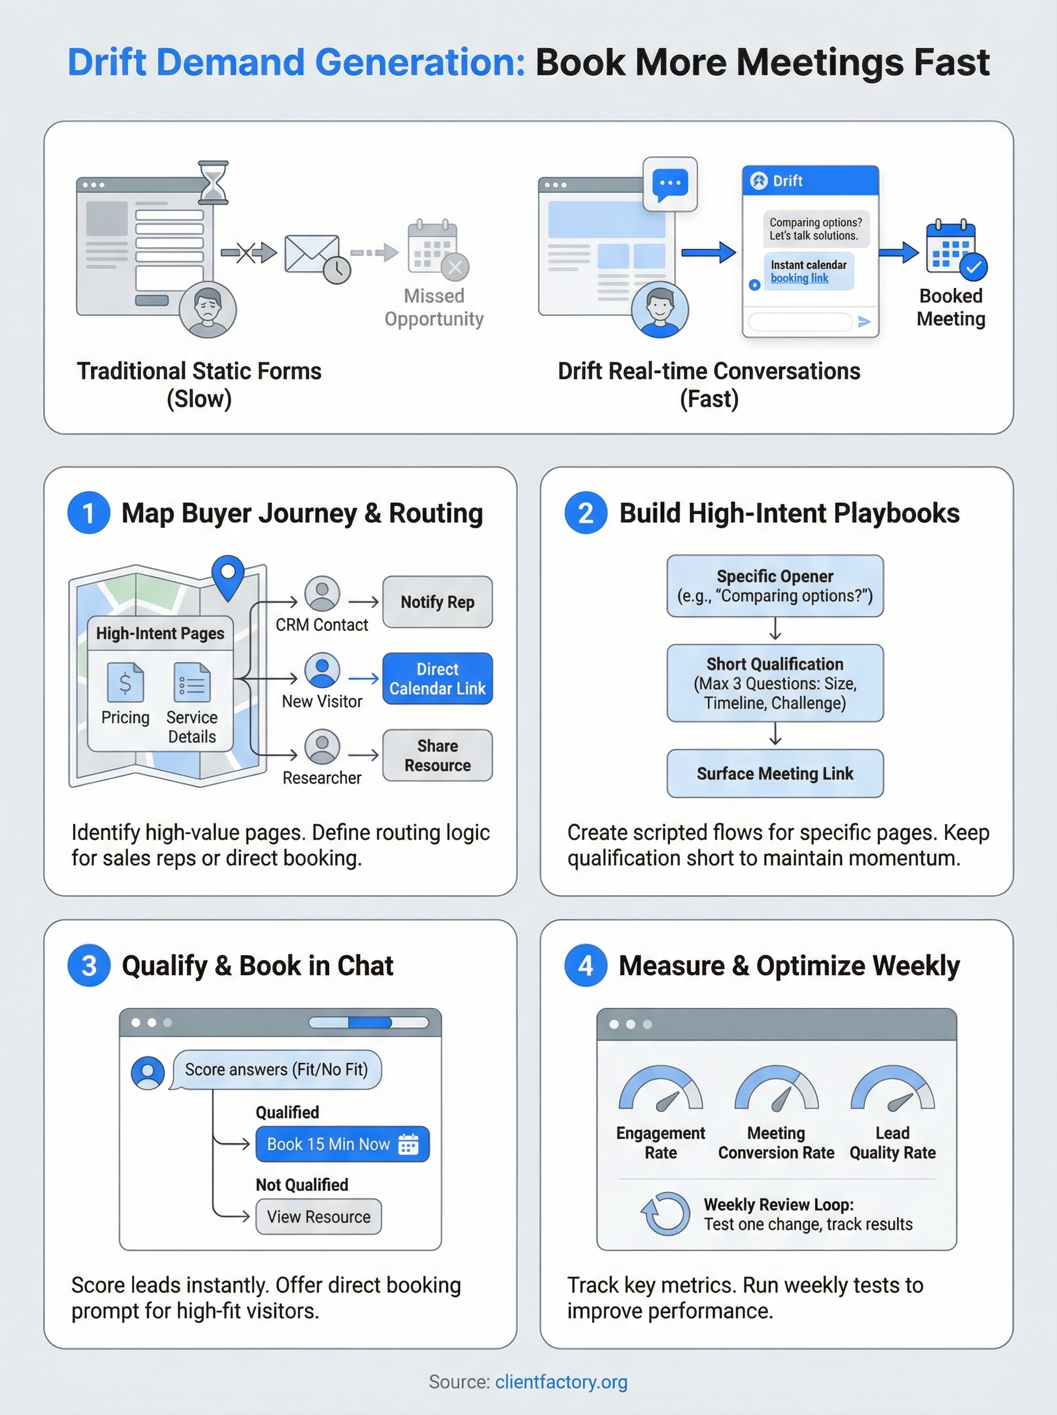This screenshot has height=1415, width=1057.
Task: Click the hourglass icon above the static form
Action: pyautogui.click(x=213, y=183)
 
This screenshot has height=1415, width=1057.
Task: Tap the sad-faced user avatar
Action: pyautogui.click(x=207, y=309)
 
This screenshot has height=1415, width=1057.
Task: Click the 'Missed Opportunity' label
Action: pyautogui.click(x=434, y=308)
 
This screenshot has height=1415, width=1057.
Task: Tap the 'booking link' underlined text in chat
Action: pyautogui.click(x=799, y=278)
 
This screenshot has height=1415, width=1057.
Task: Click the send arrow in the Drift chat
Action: pyautogui.click(x=864, y=322)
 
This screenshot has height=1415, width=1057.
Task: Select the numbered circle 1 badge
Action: pyautogui.click(x=89, y=513)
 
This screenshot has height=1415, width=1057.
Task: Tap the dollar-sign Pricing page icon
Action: pyautogui.click(x=126, y=683)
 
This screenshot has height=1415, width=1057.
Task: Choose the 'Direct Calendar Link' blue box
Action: pyautogui.click(x=438, y=679)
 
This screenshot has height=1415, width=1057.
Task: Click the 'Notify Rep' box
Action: pyautogui.click(x=438, y=602)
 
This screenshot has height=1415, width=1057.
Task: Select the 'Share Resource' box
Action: pyautogui.click(x=438, y=755)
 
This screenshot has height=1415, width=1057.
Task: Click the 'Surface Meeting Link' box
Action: pyautogui.click(x=775, y=774)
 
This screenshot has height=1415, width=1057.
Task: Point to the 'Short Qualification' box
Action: pyautogui.click(x=775, y=683)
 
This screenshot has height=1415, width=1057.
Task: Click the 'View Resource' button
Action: pyautogui.click(x=319, y=1217)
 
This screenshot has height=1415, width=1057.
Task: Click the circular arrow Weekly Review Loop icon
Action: pyautogui.click(x=665, y=1213)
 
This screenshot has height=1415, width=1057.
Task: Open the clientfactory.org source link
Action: pyautogui.click(x=561, y=1382)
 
